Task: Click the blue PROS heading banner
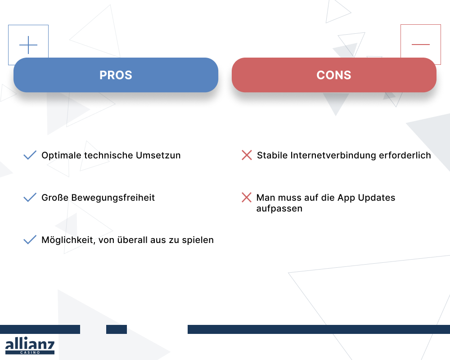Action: pos(116,75)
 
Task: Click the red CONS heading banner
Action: pos(334,75)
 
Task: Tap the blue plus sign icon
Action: pos(28,45)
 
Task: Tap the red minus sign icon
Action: pos(421,45)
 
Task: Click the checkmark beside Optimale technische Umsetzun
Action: pos(30,156)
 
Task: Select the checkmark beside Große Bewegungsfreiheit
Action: pos(30,198)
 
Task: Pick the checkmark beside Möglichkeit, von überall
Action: pos(30,240)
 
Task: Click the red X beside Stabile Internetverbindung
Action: pos(247,156)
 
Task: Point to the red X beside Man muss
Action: pos(247,198)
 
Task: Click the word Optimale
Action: pos(60,156)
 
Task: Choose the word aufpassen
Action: pos(279,209)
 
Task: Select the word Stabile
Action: pos(272,156)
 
